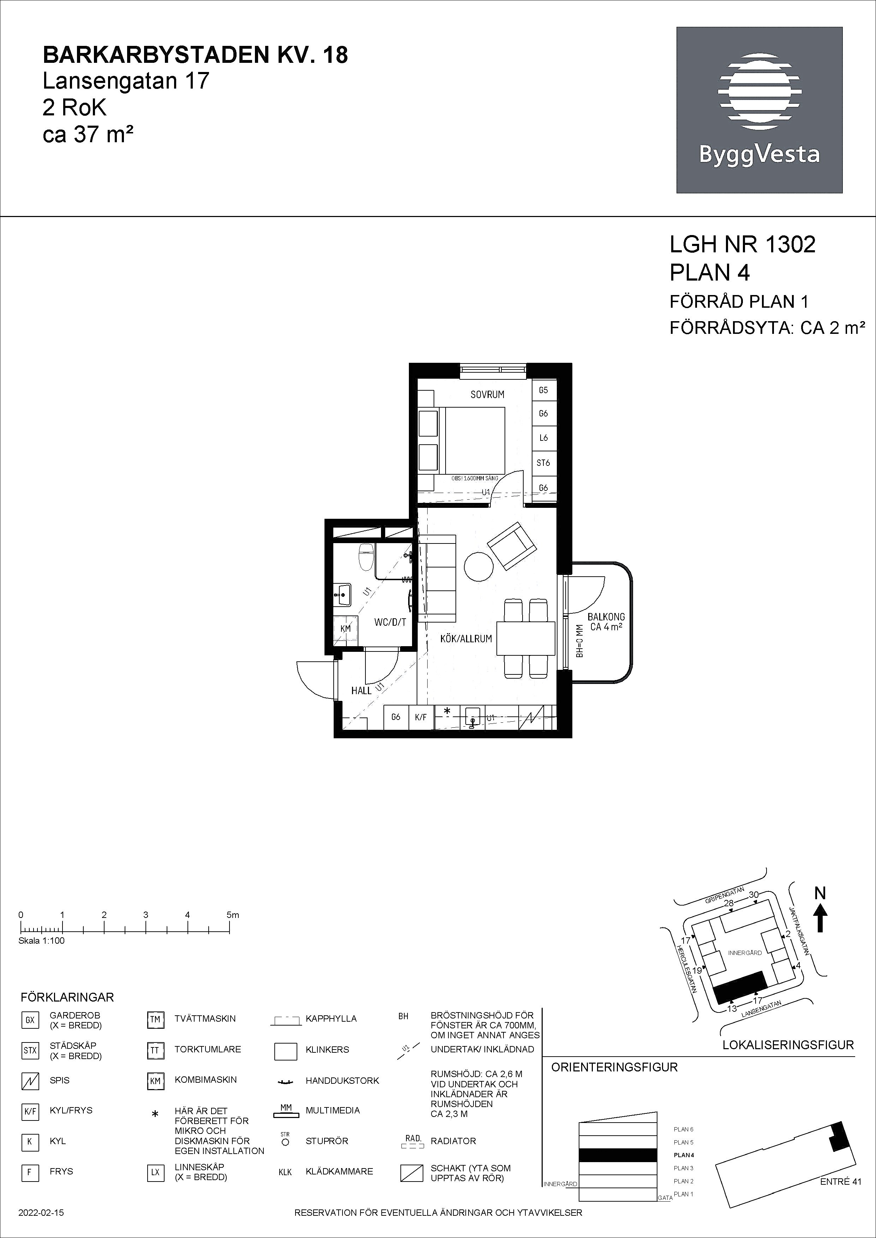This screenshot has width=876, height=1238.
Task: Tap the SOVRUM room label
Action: (x=487, y=394)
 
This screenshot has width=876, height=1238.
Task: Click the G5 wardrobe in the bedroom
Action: (x=543, y=390)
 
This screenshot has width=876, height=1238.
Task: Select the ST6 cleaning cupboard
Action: (x=543, y=463)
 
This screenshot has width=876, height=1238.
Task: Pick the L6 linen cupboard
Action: (x=543, y=438)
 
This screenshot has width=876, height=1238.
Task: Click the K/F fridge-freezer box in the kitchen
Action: (x=421, y=717)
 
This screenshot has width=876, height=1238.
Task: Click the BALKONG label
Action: (x=606, y=617)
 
